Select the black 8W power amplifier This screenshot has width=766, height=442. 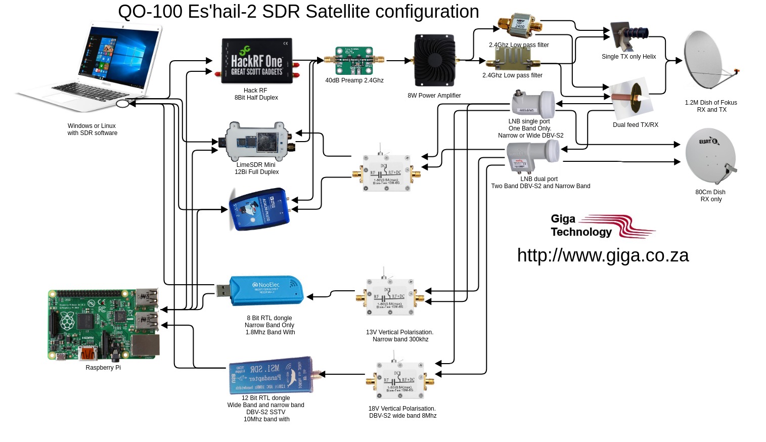pos(435,61)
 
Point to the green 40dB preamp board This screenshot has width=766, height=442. pos(354,60)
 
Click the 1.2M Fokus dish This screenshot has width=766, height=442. pos(708,61)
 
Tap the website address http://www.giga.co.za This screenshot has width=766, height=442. pos(603,255)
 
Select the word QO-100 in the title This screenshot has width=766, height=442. pos(150,12)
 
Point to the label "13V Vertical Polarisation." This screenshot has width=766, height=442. pos(399,332)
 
